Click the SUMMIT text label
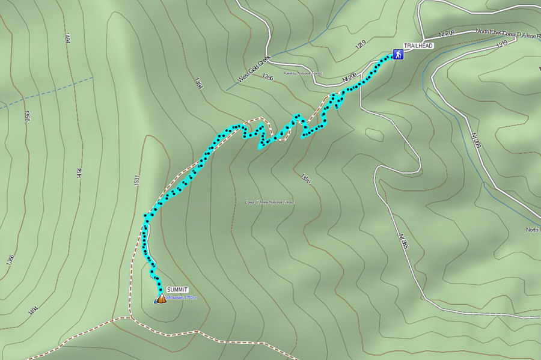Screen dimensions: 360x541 click(177, 290)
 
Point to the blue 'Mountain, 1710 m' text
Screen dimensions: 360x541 click(182, 297)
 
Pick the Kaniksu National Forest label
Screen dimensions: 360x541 click(304, 73)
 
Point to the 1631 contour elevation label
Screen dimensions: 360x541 click(137, 180)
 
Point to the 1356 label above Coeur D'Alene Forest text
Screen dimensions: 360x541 click(305, 178)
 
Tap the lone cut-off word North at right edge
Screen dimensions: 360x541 click(533, 230)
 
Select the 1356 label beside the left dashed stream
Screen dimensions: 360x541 click(27, 116)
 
